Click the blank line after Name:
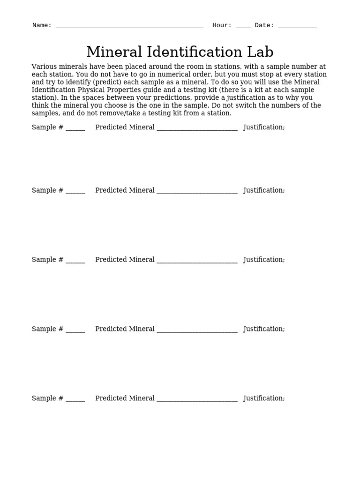click(x=129, y=26)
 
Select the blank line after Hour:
click(x=243, y=26)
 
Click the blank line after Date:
click(x=297, y=26)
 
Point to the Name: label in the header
click(x=42, y=25)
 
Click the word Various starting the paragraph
click(x=44, y=67)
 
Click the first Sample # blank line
click(x=75, y=128)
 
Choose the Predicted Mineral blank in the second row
click(x=197, y=191)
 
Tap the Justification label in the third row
click(x=264, y=260)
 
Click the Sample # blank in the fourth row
click(x=75, y=330)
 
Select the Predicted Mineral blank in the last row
click(x=197, y=399)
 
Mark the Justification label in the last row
click(x=264, y=398)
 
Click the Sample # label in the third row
click(x=47, y=260)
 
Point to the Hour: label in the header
click(x=222, y=25)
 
